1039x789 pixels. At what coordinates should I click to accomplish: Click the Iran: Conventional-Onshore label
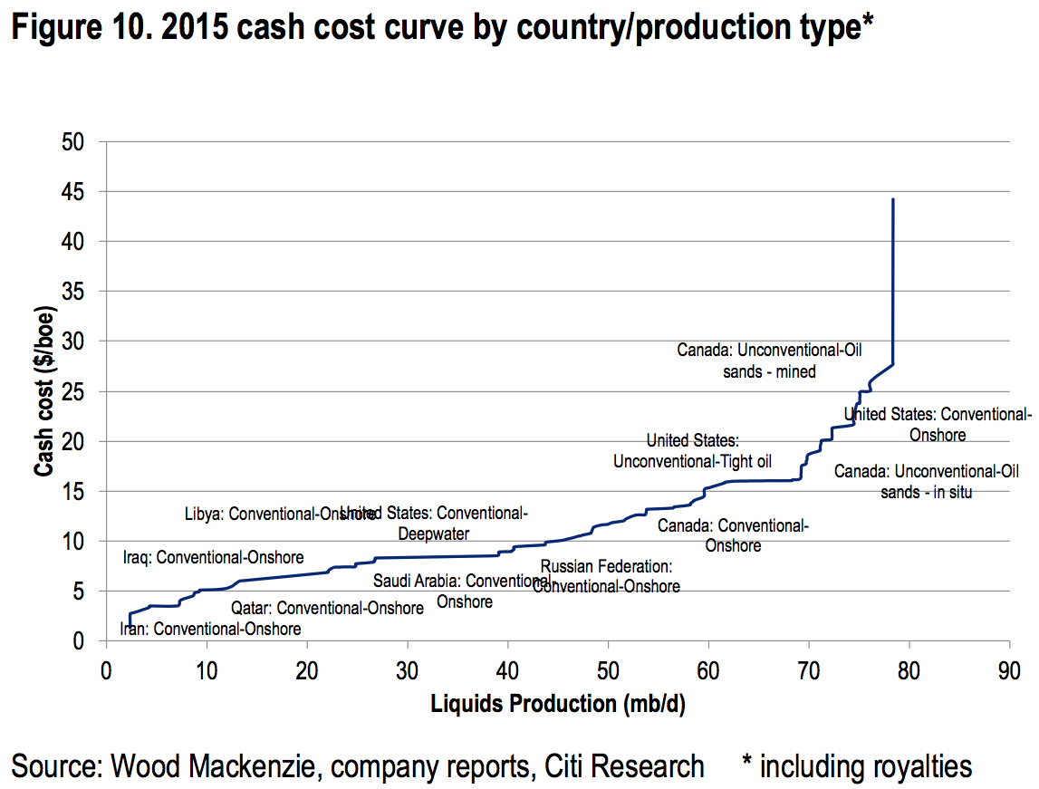[210, 629]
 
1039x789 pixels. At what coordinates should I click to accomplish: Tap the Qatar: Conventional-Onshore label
[327, 608]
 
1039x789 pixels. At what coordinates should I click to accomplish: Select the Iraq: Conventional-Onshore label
[213, 557]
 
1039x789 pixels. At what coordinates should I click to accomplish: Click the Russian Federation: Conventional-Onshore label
[606, 576]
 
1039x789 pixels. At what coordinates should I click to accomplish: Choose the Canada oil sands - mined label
[769, 360]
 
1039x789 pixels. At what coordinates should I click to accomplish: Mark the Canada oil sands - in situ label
[926, 482]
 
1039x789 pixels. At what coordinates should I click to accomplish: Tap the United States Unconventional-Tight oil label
[693, 451]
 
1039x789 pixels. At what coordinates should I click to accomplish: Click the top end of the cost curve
[893, 199]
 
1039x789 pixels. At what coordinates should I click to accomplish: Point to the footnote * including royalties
[856, 766]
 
